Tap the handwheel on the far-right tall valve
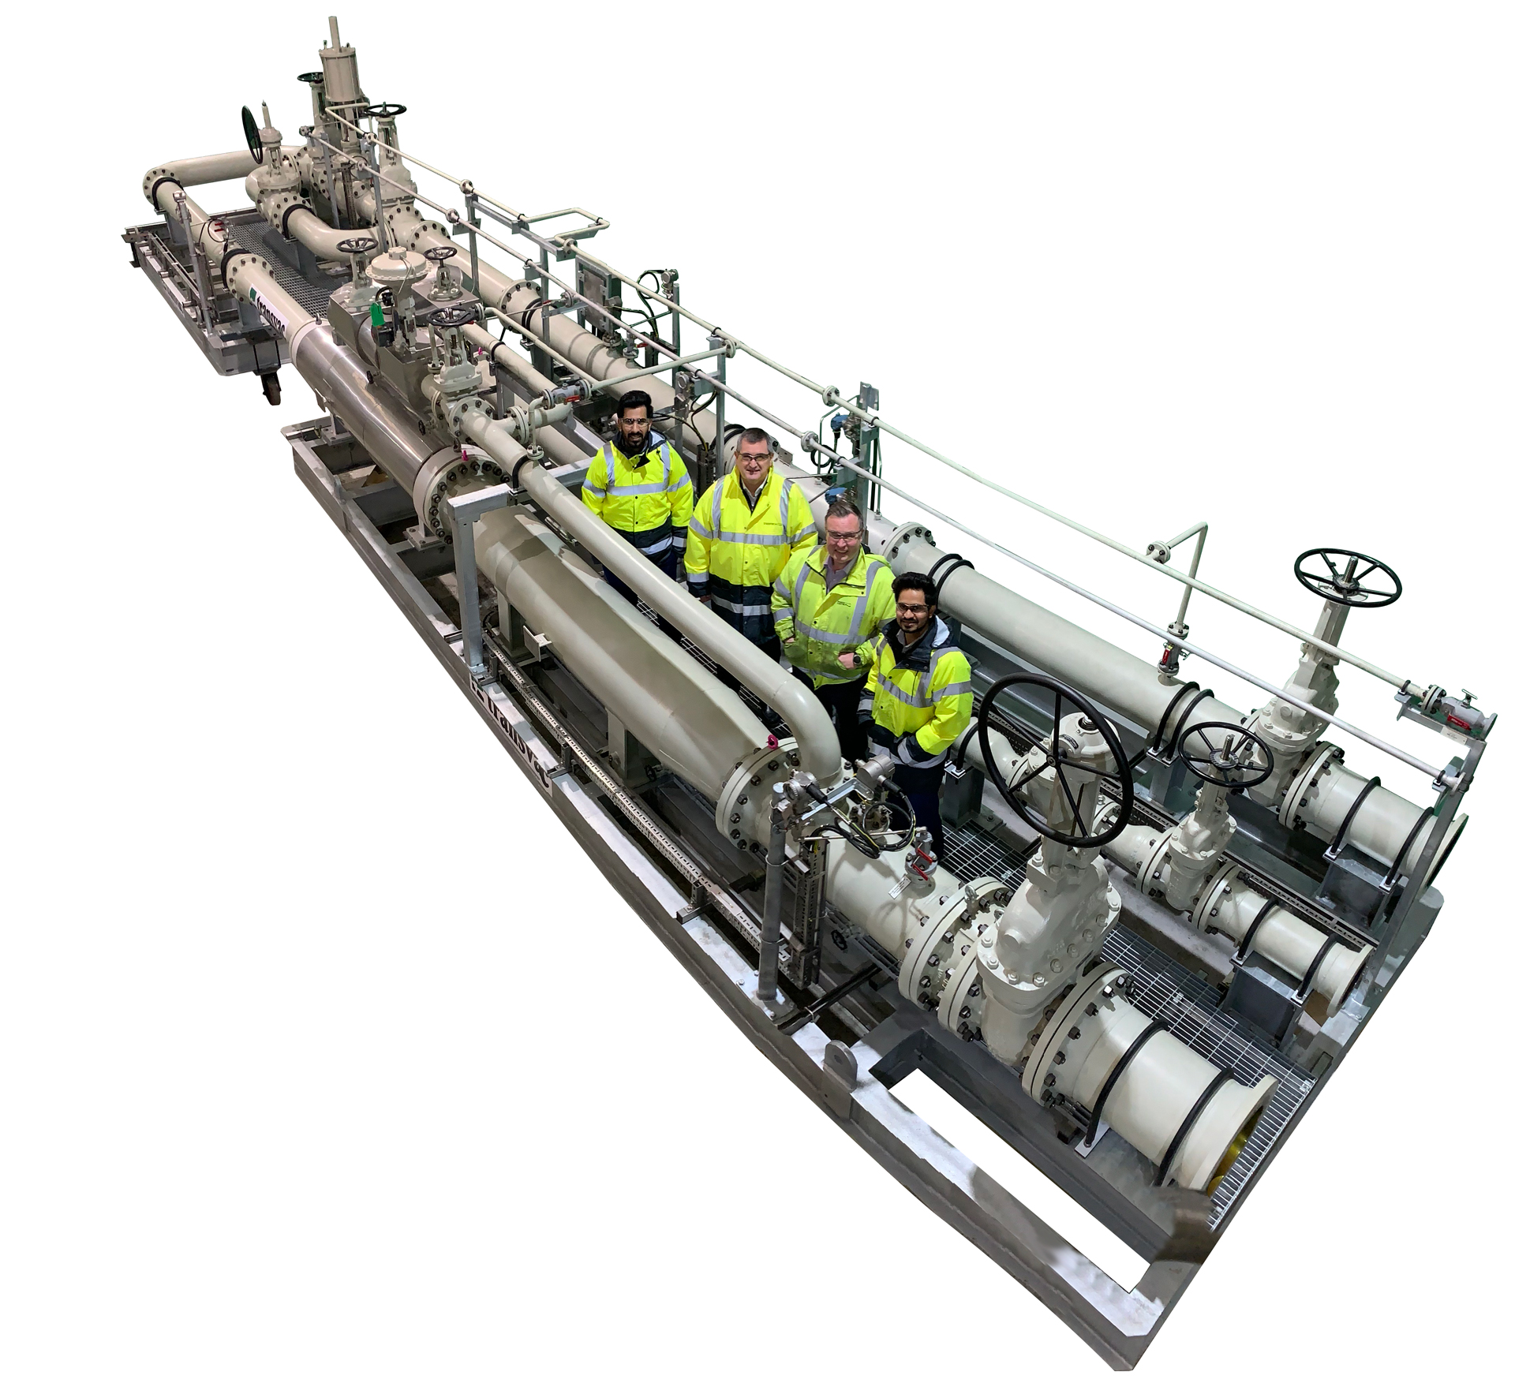click(1348, 578)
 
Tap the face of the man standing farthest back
click(634, 427)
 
